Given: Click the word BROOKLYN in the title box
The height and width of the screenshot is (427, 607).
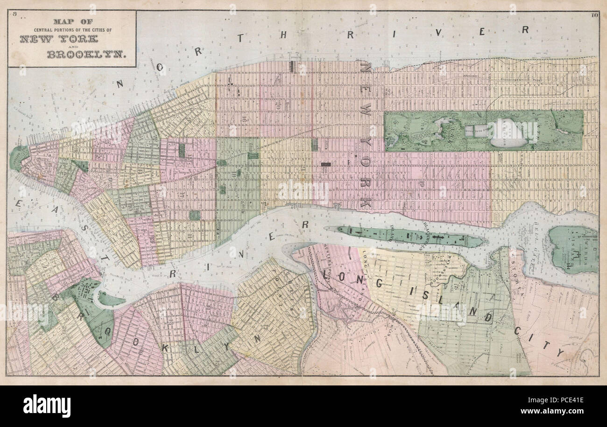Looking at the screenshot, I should (72, 54).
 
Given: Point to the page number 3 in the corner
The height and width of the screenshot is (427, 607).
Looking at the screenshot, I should (15, 14).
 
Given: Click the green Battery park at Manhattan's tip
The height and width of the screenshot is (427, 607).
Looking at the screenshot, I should (18, 158).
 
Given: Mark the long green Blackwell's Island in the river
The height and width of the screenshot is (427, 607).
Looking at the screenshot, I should (406, 235).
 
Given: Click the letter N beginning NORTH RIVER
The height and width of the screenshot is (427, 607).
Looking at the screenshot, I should (120, 84).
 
